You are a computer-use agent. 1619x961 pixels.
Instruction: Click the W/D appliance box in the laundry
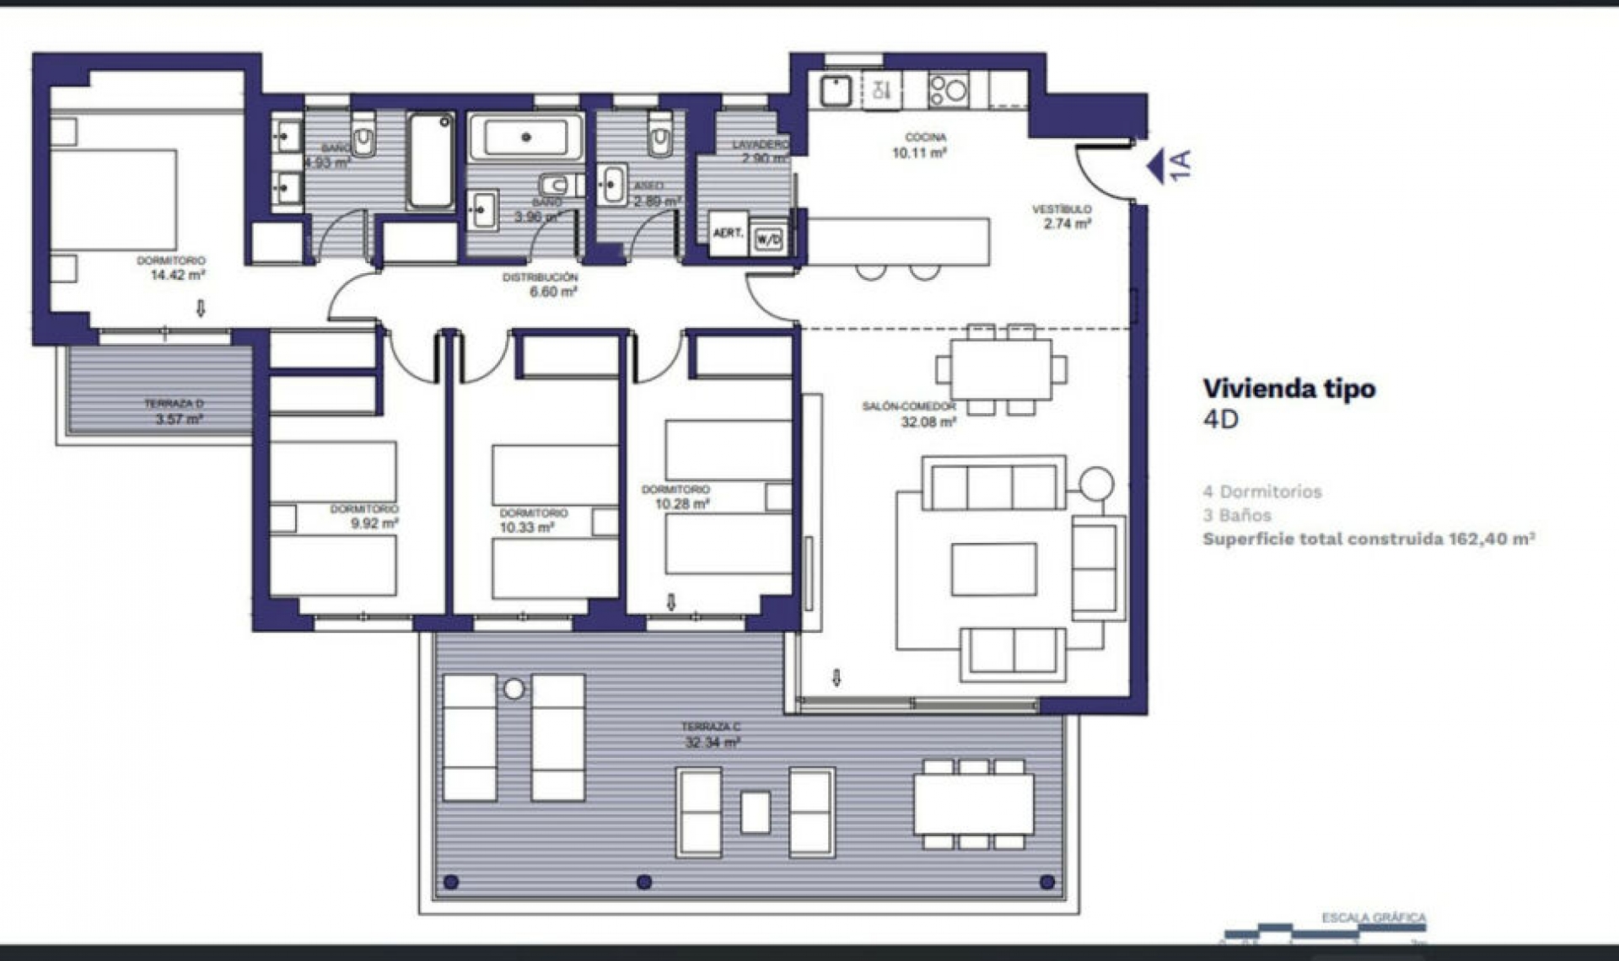tap(768, 239)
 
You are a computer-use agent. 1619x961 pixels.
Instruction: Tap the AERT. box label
tap(729, 233)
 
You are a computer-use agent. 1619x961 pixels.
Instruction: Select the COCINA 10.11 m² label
tap(921, 145)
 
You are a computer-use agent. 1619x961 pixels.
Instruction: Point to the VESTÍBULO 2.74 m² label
tap(1064, 216)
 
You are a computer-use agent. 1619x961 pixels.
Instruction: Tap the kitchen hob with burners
tap(948, 89)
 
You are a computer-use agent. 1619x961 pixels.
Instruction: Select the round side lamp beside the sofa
tap(1096, 484)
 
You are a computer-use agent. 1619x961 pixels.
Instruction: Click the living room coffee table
tap(994, 570)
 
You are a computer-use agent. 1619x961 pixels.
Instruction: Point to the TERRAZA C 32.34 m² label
tap(712, 734)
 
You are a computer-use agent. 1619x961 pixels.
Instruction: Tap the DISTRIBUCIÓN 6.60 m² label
tap(541, 284)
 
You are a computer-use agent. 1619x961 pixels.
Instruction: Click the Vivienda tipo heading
tap(1288, 389)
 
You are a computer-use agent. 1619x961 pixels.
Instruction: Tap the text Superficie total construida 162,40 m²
tap(1368, 539)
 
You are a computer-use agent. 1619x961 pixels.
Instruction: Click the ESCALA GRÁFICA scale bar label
tap(1374, 917)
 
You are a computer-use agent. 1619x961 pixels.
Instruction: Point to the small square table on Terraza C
tap(755, 812)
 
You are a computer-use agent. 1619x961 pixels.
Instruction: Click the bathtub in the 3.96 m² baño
tap(525, 137)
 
